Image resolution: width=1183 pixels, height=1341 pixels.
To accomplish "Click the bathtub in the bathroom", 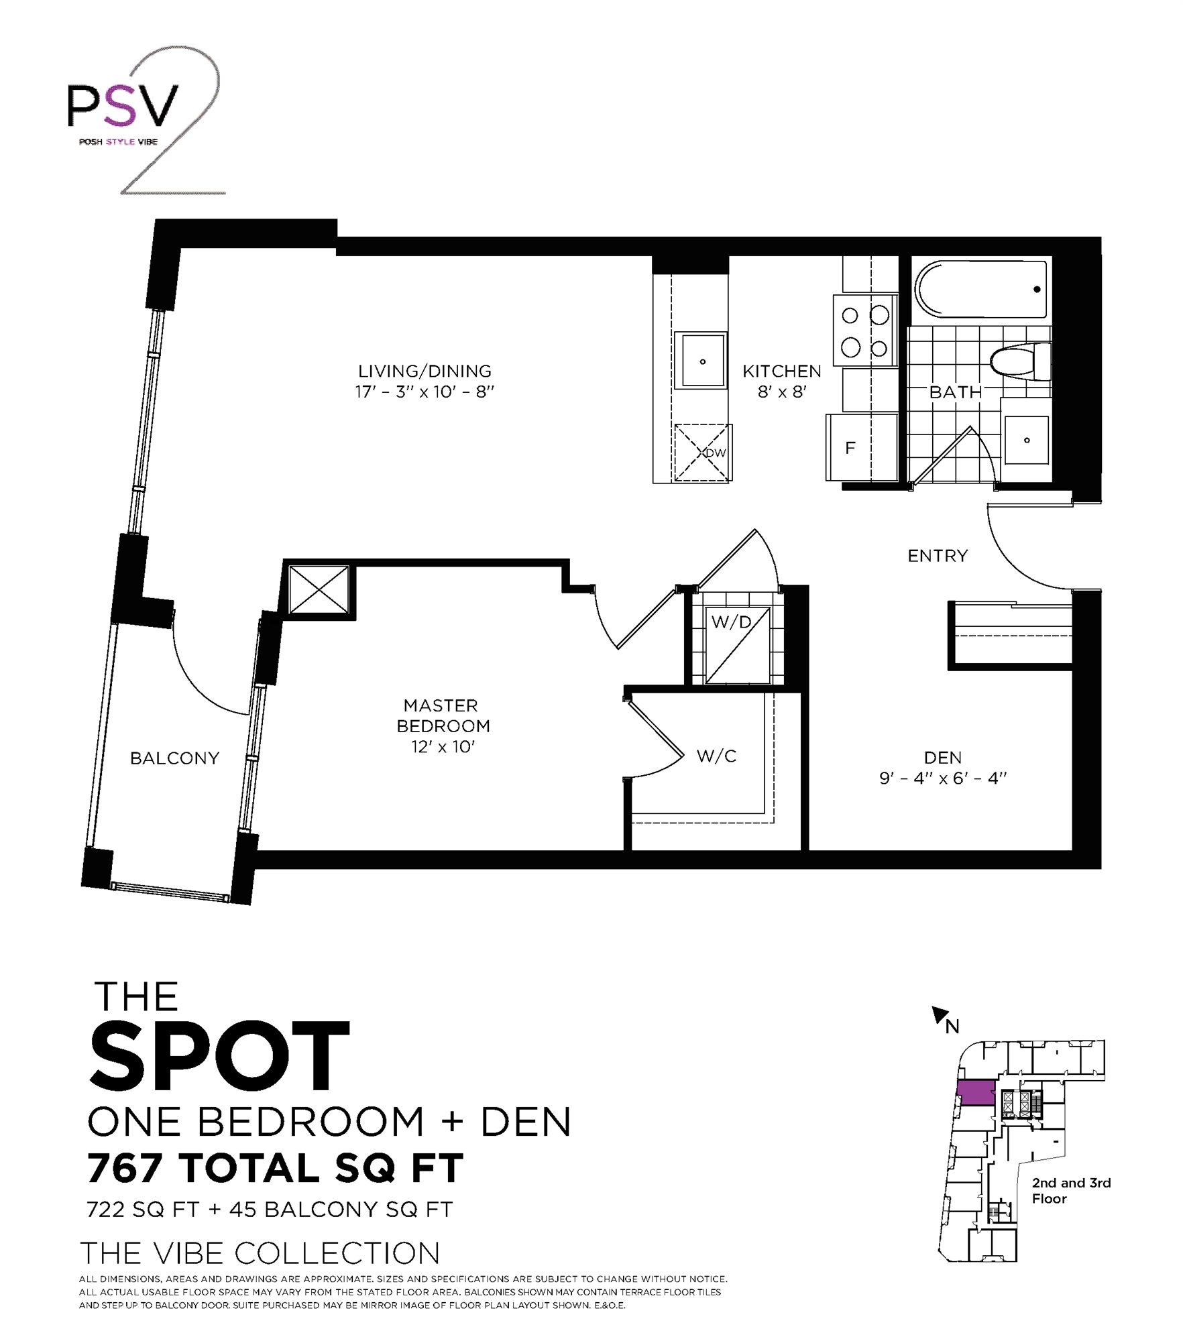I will click(980, 290).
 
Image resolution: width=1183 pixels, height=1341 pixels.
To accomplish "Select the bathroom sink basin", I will click(1026, 440).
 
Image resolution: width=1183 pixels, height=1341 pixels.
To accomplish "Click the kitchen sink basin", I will click(702, 361).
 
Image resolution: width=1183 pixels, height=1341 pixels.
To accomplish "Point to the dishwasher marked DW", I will click(702, 453).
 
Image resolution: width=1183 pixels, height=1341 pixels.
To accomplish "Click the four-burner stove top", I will click(865, 331).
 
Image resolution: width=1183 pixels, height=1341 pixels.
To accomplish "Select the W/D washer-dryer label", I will click(731, 622).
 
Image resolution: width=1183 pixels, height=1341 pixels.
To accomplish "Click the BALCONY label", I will click(174, 758).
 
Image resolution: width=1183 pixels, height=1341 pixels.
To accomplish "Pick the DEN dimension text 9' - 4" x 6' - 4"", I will click(943, 778).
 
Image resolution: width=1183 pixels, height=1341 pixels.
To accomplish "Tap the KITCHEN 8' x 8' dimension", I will click(781, 392).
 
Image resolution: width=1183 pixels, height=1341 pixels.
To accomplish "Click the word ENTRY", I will click(938, 556).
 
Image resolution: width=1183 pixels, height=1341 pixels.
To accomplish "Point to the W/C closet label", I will click(716, 756).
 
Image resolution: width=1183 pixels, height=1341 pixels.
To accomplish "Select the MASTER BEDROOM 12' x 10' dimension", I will click(443, 747).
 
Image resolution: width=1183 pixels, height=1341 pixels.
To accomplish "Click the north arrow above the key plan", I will click(939, 1016).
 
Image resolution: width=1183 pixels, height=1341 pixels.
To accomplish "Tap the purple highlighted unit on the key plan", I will click(976, 1092).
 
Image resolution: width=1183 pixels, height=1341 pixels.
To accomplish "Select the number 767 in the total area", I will click(125, 1168).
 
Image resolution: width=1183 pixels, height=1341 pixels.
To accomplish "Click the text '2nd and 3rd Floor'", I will click(1070, 1190).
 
